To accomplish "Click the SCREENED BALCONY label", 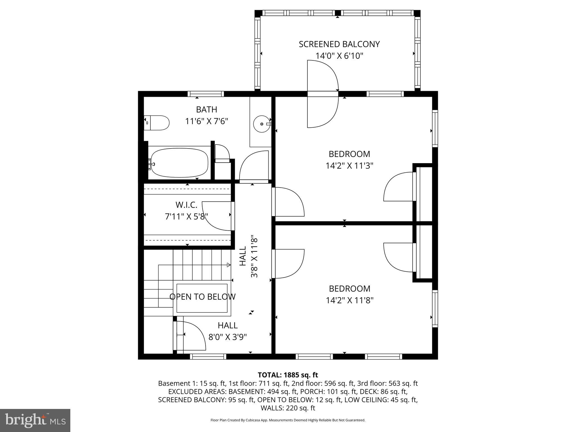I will coord(339,44).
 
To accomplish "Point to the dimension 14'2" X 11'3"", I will coord(349,166).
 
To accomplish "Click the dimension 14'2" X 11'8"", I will coord(350,300).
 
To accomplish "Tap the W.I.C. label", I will coord(186,204).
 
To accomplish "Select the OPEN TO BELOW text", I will coord(202,297).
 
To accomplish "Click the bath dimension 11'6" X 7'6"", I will coord(206,121).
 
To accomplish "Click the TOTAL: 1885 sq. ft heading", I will coord(288,375).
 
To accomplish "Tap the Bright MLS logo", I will coord(35,420).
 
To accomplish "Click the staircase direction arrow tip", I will coord(229,265).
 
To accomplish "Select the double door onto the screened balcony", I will coord(323,94).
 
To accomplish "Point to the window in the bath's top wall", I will coord(206,94).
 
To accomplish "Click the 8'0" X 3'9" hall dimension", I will coord(228,337).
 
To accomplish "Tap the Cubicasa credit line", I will coord(288,420).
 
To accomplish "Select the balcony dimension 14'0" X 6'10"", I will coord(339,56).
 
